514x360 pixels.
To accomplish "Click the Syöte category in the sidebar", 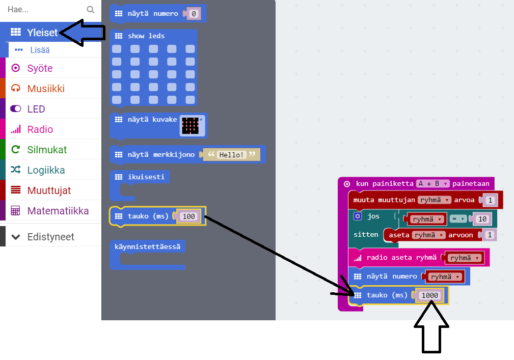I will [40, 68].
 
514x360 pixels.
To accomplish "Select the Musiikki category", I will [46, 89].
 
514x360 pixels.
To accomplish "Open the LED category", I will [36, 109].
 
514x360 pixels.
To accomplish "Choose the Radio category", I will [40, 129].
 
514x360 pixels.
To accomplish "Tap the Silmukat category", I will [47, 150].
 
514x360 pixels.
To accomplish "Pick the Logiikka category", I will [46, 170].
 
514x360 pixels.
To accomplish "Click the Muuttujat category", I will [49, 190].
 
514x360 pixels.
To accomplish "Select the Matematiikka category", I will [58, 211].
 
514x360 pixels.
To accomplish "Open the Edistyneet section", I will [50, 237].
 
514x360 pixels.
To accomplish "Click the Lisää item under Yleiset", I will [39, 50].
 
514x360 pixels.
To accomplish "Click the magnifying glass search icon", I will [91, 9].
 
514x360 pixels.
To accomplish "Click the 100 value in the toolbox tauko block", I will [188, 216].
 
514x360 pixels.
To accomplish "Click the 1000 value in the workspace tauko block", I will [429, 295].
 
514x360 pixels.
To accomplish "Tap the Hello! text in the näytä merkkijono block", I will [231, 154].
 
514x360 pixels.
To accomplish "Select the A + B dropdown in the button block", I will [432, 184].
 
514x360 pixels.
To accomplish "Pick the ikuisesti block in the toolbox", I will [139, 177].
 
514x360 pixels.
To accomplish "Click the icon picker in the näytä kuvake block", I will [192, 125].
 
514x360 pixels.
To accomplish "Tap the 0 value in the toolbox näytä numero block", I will [193, 14].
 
